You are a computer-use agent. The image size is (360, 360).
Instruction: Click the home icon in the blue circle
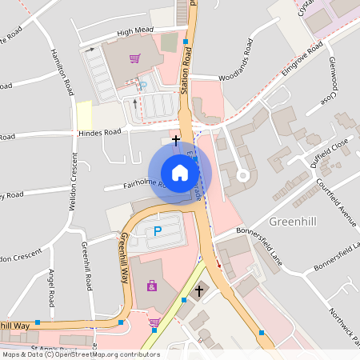coord(179,172)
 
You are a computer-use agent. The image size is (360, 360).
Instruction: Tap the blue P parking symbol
coord(158,231)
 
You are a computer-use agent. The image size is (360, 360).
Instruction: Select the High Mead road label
coord(134,32)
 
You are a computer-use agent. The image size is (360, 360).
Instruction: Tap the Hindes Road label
coord(99,132)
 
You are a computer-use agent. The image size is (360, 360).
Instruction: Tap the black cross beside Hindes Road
coord(176,139)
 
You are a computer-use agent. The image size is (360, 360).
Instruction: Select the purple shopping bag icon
coord(151,286)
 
